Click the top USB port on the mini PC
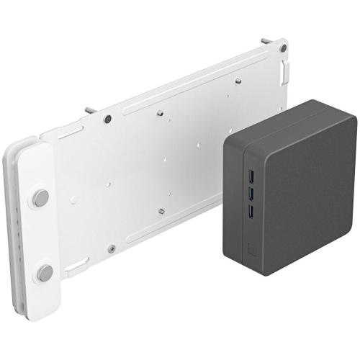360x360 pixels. click(251, 176)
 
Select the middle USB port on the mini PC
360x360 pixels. click(251, 193)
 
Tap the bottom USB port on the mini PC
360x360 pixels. click(251, 210)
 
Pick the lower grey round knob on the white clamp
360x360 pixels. click(45, 272)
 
